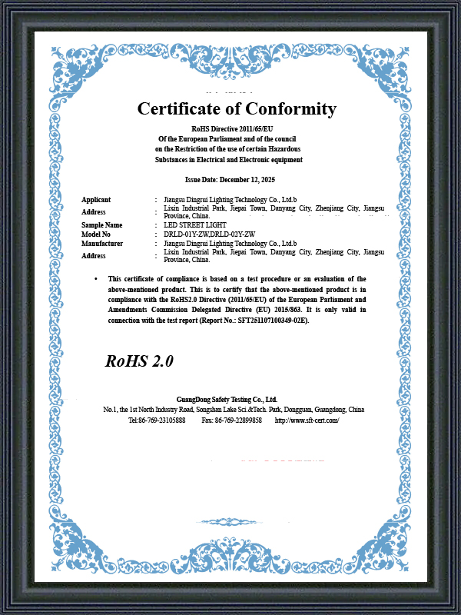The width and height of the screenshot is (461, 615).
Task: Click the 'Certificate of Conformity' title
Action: [237, 109]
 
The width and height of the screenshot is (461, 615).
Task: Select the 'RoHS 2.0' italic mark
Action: [139, 361]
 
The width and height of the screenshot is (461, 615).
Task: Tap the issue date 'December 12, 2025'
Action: [247, 179]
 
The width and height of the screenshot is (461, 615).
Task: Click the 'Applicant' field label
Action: [96, 200]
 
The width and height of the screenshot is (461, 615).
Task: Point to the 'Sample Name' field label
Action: [102, 224]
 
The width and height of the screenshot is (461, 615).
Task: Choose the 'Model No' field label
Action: [96, 234]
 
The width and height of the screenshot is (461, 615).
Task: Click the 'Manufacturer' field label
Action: [102, 243]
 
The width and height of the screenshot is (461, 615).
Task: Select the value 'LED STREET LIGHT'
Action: [194, 224]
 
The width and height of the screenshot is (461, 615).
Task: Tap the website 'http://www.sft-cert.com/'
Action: [307, 421]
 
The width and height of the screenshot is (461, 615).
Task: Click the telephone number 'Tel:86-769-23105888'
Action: [157, 421]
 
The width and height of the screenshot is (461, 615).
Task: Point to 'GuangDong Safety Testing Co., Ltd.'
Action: [227, 400]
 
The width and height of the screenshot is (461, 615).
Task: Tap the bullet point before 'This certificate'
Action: [96, 278]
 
